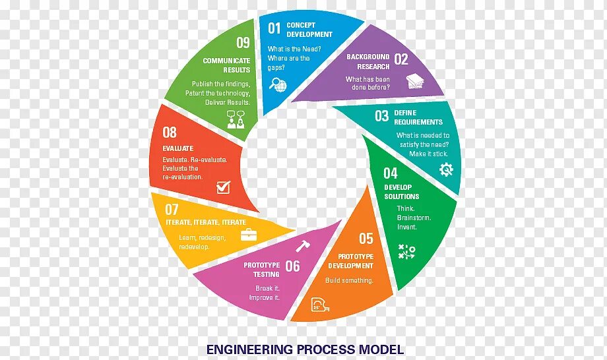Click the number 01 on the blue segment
[274, 28]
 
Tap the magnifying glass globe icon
[278, 85]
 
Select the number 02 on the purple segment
[401, 60]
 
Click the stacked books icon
[415, 82]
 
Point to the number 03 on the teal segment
[382, 117]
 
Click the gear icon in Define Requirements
[446, 169]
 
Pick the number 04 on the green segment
[391, 173]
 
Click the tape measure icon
[319, 305]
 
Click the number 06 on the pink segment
[292, 266]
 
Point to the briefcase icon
[249, 234]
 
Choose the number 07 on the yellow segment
[172, 210]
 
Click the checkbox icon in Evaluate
[223, 187]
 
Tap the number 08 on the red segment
[170, 132]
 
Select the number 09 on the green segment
[243, 44]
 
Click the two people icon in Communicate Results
[236, 121]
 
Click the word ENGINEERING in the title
[249, 349]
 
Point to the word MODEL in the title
[381, 349]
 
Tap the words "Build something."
[349, 280]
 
